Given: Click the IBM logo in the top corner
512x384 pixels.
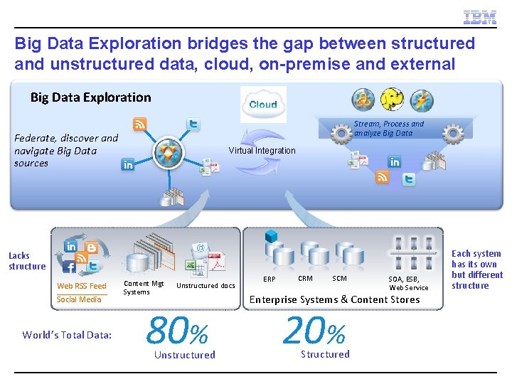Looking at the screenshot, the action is pos(479,18).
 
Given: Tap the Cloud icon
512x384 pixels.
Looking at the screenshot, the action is pos(263,105).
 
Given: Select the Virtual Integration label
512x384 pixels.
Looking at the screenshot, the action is pos(262,151).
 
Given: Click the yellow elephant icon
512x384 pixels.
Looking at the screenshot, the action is pos(392,100).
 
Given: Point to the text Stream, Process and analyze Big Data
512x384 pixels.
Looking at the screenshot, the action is pos(388,129).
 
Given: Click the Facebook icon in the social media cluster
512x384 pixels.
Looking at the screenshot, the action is pos(69,267).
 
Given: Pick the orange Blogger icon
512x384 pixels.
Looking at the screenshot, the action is pos(92,249).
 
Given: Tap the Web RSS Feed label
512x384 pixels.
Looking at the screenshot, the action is pos(82,286).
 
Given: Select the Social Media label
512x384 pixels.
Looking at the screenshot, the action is pos(79,299).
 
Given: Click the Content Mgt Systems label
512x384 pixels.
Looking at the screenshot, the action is pos(143,287).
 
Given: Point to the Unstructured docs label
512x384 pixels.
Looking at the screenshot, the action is pos(206,286).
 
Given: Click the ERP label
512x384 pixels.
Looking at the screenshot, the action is pos(270,279).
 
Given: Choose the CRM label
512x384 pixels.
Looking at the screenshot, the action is pos(305,279).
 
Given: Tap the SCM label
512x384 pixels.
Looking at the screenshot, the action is pos(339,279).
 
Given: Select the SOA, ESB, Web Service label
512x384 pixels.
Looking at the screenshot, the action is pos(409,284).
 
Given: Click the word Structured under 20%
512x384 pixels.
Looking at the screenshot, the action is pos(325,354).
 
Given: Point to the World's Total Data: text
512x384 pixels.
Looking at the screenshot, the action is pos(67,335).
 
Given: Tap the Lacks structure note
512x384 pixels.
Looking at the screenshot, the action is pos(27,261).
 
